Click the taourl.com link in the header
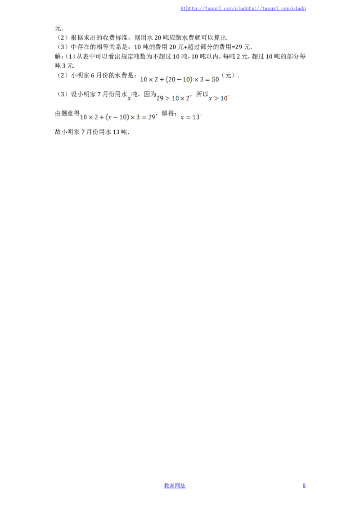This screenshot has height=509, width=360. point(243,9)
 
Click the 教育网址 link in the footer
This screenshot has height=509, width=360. point(175,486)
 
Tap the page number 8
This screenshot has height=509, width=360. point(304,486)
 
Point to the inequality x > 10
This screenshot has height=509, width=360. point(218,98)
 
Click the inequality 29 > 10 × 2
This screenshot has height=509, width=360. point(172,98)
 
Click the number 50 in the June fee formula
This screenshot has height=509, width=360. point(216,79)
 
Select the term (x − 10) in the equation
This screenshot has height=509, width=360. point(117,117)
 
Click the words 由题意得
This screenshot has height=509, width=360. point(67,113)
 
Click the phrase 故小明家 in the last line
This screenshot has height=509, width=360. point(67,132)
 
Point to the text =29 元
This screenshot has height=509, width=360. point(241,47)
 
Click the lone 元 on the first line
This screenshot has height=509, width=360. point(58,28)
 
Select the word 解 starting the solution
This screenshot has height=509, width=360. point(58,57)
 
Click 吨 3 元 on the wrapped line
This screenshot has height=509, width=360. point(64,66)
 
